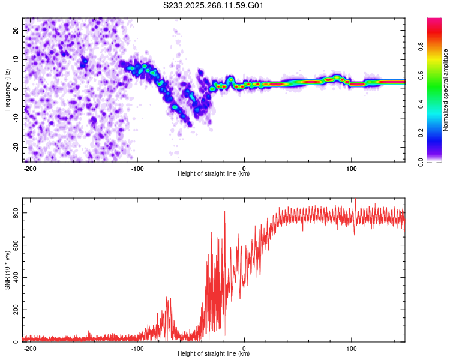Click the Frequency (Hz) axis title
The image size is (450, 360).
point(7,89)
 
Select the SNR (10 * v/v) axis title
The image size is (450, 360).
point(7,270)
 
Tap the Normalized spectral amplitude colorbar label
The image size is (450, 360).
point(445,90)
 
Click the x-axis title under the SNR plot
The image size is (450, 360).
point(214,355)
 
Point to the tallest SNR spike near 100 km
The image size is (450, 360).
point(355,199)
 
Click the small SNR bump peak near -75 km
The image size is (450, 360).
point(166,298)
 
